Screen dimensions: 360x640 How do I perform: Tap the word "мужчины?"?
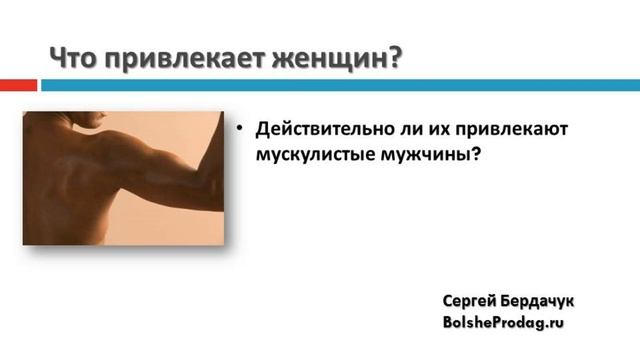pos(421,158)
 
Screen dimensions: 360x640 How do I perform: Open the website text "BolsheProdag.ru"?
pos(503,323)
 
